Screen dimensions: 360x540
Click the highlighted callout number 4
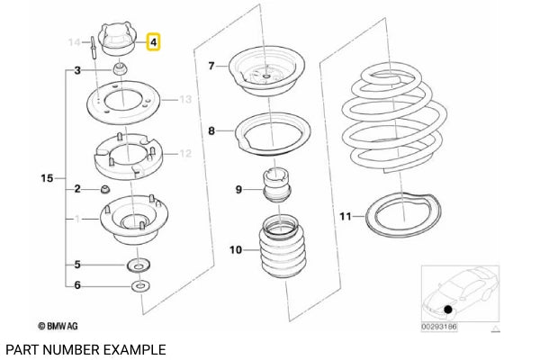click(154, 41)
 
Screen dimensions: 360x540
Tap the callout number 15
click(47, 179)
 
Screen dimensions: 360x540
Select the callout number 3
click(78, 70)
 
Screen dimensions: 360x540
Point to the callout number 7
click(211, 66)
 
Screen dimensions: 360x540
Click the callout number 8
click(211, 131)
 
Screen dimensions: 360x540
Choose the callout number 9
click(238, 190)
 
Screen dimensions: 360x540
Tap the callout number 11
click(346, 217)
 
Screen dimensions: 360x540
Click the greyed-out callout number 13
click(185, 100)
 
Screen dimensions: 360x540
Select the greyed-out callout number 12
click(185, 154)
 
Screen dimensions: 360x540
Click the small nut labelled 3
click(120, 70)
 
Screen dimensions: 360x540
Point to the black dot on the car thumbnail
click(447, 309)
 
